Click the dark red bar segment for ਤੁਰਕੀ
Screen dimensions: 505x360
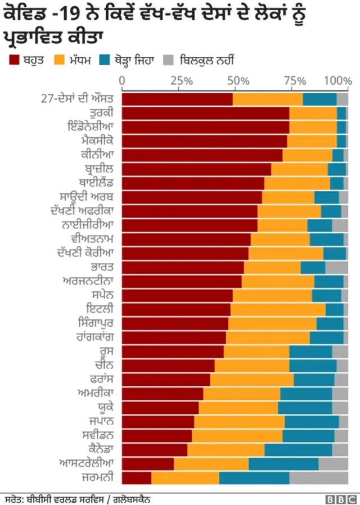click(x=205, y=113)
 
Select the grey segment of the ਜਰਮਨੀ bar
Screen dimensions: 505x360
click(x=318, y=477)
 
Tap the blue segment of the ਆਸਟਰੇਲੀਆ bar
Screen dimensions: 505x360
click(x=283, y=463)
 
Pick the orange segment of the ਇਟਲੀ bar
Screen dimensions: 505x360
click(x=278, y=309)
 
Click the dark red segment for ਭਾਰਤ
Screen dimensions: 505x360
click(x=183, y=267)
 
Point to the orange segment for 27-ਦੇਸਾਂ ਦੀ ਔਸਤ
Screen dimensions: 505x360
click(x=268, y=99)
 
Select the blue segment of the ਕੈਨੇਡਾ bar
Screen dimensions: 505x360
click(x=298, y=449)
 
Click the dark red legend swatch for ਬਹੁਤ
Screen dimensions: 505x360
click(x=13, y=59)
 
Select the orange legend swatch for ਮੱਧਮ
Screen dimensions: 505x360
click(x=61, y=59)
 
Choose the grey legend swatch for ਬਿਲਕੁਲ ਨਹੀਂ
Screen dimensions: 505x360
click(x=168, y=59)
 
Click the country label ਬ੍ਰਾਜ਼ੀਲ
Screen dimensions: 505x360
click(x=97, y=169)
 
